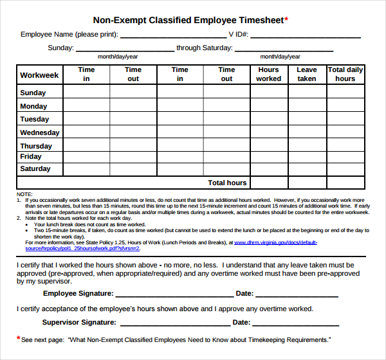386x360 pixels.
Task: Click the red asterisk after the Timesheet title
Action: [286, 19]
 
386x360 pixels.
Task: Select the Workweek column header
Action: [39, 75]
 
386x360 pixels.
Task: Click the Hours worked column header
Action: [268, 74]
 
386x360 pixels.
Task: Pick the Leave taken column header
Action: [307, 74]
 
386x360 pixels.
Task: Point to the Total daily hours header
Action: [345, 74]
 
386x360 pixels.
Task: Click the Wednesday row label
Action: [40, 132]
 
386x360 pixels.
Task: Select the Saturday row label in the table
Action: [35, 168]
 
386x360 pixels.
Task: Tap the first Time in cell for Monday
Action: [86, 106]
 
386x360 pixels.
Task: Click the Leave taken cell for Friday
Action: [307, 156]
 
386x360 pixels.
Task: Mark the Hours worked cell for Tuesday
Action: [268, 119]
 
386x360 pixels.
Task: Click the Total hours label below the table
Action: [227, 183]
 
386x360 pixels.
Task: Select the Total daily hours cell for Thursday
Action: [345, 145]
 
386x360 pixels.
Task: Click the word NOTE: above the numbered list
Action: [24, 194]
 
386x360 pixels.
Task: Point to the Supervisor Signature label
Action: [79, 323]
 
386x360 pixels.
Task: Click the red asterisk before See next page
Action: [18, 337]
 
